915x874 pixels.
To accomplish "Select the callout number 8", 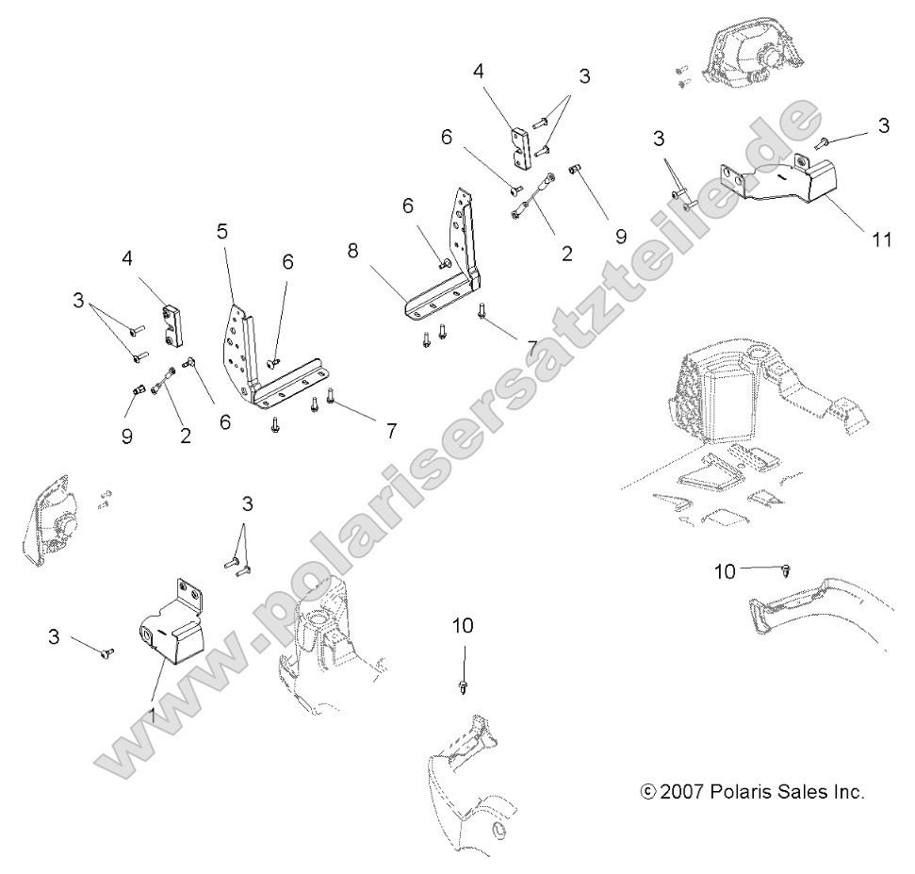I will [353, 252].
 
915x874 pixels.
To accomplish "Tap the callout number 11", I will [881, 239].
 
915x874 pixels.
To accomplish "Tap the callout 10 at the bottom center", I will [463, 625].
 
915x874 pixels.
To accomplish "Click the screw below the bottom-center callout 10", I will [463, 688].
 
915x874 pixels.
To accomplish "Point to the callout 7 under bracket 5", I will [390, 431].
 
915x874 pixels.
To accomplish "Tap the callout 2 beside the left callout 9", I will [186, 436].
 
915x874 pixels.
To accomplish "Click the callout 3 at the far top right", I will [883, 126].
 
